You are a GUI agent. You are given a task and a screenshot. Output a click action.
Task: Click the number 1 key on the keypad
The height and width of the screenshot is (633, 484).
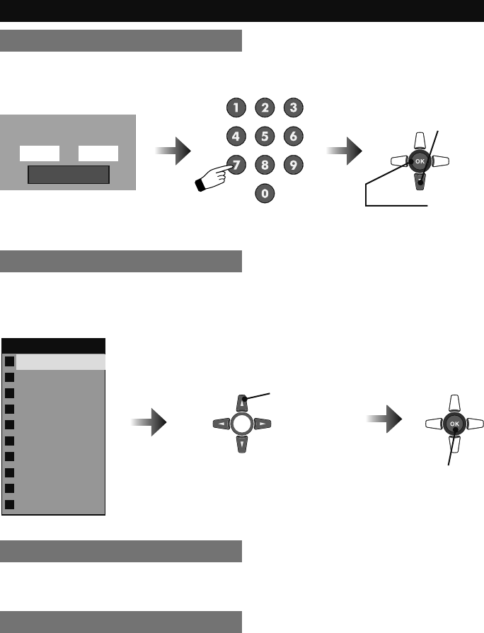tap(236, 108)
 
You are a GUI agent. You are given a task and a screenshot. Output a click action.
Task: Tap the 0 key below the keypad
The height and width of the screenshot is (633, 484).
tap(264, 192)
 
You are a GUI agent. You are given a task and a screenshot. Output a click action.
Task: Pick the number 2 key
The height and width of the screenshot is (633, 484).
tap(264, 108)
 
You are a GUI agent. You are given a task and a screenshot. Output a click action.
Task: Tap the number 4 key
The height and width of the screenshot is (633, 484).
tap(236, 136)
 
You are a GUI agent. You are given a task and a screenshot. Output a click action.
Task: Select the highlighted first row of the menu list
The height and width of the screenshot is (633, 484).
tap(60, 361)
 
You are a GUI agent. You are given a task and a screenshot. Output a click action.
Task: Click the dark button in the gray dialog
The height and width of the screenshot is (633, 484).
tap(68, 175)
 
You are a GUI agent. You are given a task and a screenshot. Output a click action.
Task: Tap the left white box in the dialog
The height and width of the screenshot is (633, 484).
tap(39, 153)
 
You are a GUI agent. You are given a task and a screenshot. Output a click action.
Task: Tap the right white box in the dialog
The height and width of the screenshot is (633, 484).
tap(98, 153)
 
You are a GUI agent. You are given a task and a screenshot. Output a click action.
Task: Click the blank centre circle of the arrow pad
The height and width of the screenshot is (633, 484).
tap(242, 424)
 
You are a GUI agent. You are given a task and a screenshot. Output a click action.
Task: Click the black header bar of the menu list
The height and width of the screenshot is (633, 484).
tap(54, 345)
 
